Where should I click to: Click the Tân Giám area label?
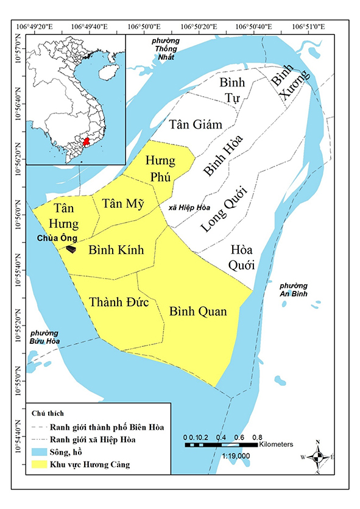[x=195, y=124]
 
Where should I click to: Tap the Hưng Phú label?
[x=160, y=169]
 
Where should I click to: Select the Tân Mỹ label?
[x=122, y=204]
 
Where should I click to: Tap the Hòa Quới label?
[x=242, y=258]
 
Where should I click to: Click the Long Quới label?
[x=223, y=209]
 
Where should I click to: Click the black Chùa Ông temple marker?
[x=71, y=249]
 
